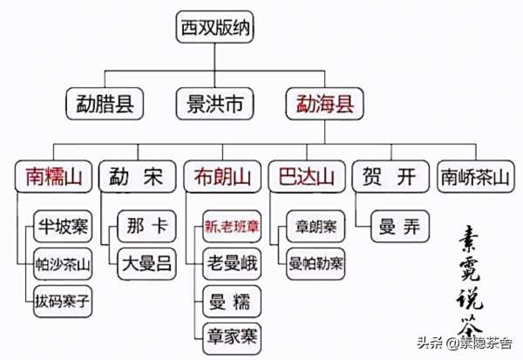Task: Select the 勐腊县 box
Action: tap(103, 105)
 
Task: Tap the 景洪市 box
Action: tap(214, 105)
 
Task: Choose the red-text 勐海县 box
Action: tap(319, 105)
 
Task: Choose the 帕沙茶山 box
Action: tap(63, 264)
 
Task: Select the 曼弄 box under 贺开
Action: tap(399, 228)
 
